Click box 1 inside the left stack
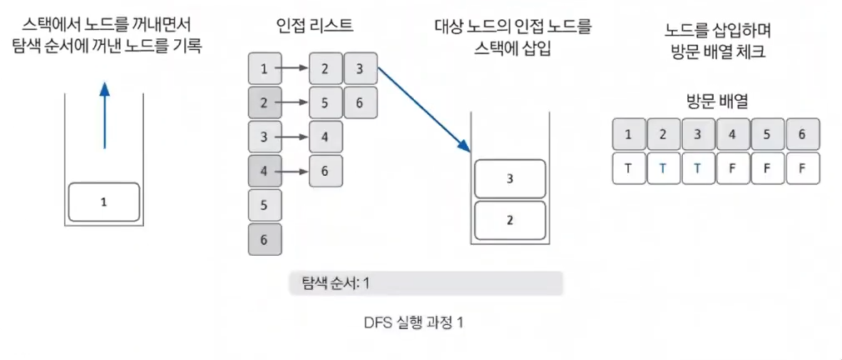pyautogui.click(x=103, y=202)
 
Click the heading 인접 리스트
pyautogui.click(x=315, y=26)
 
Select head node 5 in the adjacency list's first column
pyautogui.click(x=265, y=205)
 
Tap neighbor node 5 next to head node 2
pyautogui.click(x=325, y=103)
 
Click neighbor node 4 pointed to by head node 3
pyautogui.click(x=325, y=137)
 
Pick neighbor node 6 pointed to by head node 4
pyautogui.click(x=325, y=171)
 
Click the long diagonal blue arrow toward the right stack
pyautogui.click(x=420, y=108)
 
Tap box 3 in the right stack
pyautogui.click(x=510, y=178)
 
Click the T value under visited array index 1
pyautogui.click(x=629, y=167)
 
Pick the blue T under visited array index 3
pyautogui.click(x=698, y=167)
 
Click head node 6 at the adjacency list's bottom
pyautogui.click(x=265, y=239)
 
